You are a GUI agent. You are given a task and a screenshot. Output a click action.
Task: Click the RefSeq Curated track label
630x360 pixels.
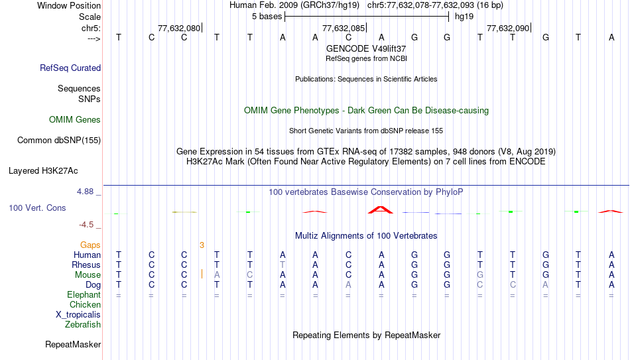pos(70,68)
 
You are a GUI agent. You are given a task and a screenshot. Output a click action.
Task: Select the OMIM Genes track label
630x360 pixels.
pos(75,120)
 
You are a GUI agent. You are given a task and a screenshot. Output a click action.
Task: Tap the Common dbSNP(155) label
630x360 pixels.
pos(59,141)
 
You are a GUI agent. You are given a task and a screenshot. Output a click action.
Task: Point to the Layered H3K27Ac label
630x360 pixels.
pos(43,171)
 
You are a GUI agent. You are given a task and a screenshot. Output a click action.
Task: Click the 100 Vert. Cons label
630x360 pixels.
pos(37,208)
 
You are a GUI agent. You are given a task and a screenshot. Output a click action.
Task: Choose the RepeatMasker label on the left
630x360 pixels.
pos(73,344)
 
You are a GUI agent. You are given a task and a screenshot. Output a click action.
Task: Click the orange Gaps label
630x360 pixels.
pos(90,245)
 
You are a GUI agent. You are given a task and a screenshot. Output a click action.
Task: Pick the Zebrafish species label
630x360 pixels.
pos(83,324)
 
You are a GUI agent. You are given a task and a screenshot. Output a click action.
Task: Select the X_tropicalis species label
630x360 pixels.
pos(78,315)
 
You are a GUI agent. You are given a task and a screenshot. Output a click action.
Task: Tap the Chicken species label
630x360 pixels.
pos(85,304)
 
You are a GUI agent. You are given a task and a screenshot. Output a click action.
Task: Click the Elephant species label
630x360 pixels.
pos(84,294)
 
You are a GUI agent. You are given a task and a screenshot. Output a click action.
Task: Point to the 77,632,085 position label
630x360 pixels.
pos(344,28)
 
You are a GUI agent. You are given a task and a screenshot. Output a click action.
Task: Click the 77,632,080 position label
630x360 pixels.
pos(179,28)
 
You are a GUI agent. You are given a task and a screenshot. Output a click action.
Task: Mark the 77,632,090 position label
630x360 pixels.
pos(508,28)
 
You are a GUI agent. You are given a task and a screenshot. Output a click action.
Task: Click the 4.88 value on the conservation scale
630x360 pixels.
pos(85,192)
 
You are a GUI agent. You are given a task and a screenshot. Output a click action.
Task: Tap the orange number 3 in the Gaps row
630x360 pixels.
pos(202,245)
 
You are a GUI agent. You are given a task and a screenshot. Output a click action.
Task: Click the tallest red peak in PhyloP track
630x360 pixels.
pos(381,210)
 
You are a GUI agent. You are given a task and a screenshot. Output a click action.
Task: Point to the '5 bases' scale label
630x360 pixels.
pos(267,17)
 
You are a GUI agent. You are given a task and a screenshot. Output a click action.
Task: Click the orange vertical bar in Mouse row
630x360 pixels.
pos(202,274)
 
